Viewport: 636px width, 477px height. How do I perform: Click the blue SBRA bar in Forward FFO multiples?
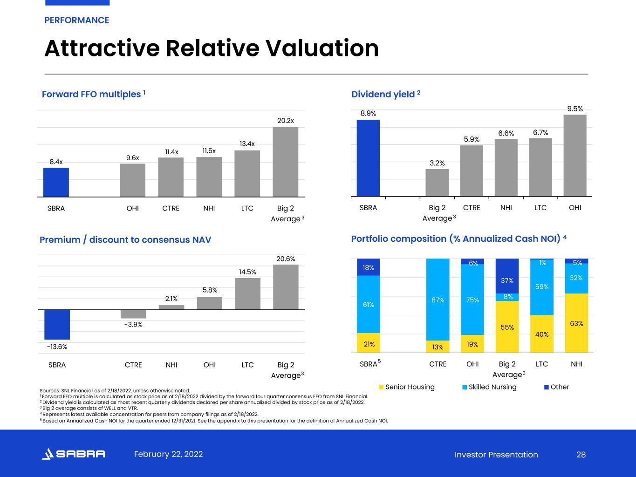[56, 182]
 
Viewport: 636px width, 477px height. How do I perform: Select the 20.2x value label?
[286, 121]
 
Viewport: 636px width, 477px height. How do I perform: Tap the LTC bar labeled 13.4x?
[247, 173]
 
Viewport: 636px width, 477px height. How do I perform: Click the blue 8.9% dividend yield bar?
[368, 158]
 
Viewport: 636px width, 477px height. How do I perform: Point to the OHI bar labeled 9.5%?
[575, 156]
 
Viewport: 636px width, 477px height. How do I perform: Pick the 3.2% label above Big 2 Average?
[437, 163]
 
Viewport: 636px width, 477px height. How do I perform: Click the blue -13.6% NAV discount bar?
[57, 324]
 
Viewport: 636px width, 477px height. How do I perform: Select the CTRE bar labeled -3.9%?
[133, 314]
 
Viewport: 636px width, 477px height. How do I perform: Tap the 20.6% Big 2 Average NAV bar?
[286, 287]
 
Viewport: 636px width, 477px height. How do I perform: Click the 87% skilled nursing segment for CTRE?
[438, 300]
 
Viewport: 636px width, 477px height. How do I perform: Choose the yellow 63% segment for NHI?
[576, 323]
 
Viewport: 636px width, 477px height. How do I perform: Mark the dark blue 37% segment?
[507, 276]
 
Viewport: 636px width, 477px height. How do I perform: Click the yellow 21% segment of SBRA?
[368, 343]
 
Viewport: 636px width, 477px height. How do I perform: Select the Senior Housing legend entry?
[407, 387]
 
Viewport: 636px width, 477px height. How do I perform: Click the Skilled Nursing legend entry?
[489, 387]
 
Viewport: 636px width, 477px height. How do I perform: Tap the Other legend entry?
[557, 387]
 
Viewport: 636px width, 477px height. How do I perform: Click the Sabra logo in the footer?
[73, 454]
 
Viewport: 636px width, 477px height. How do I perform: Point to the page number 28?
[581, 455]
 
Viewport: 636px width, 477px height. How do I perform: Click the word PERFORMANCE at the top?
[77, 20]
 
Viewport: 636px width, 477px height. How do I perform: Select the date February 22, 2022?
[168, 454]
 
